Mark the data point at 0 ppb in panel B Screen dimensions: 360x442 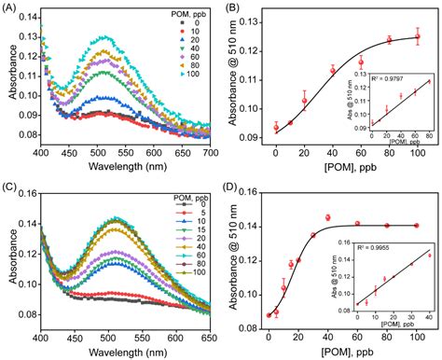tap(276, 127)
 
